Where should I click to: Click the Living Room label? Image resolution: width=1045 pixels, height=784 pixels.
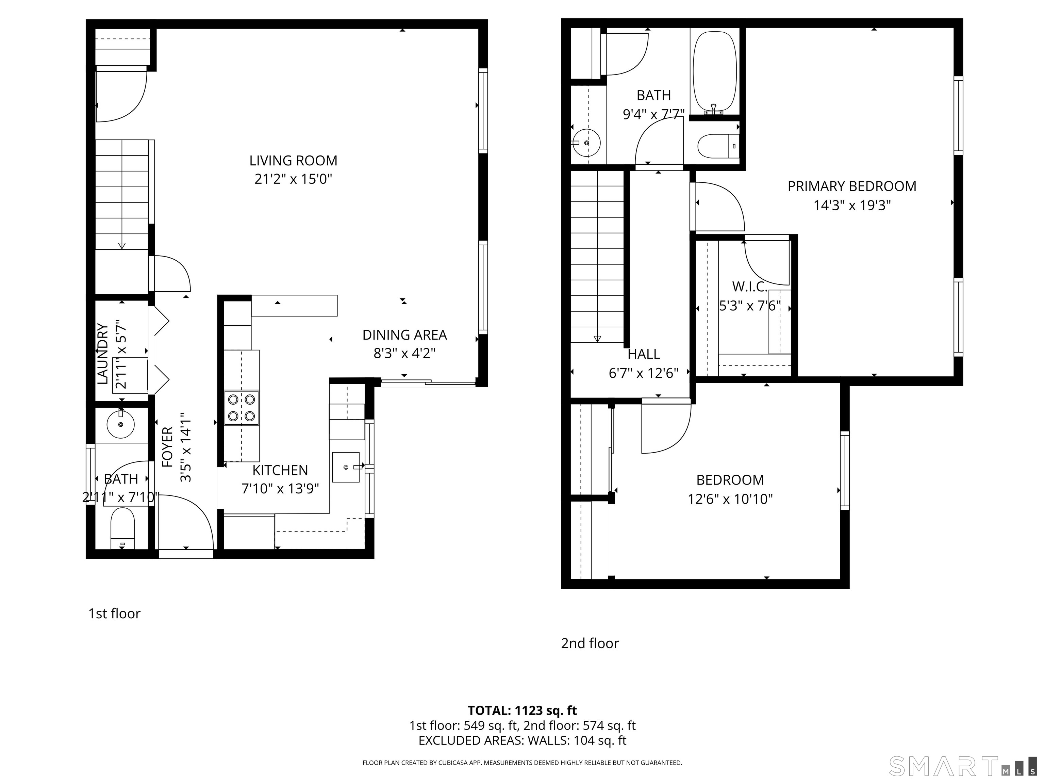click(x=293, y=161)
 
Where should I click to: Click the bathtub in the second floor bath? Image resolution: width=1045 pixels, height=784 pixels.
click(x=714, y=72)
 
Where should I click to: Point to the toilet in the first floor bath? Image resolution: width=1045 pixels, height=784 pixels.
click(x=122, y=528)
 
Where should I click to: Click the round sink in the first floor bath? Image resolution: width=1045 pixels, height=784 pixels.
click(x=120, y=424)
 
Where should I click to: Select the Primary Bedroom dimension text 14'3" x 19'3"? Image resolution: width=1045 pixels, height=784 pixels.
click(x=852, y=206)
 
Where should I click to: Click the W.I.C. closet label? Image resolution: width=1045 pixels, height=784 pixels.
click(x=750, y=287)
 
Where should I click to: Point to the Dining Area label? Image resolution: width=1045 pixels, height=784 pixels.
click(x=404, y=335)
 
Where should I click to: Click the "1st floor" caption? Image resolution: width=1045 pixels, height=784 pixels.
click(x=114, y=614)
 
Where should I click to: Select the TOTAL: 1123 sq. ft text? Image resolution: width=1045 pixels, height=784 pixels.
click(x=522, y=711)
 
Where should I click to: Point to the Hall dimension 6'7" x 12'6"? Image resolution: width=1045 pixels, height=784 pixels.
click(x=644, y=373)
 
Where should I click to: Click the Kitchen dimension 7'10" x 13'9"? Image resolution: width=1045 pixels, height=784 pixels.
click(x=280, y=488)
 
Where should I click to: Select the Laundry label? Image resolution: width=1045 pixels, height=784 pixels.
click(x=102, y=354)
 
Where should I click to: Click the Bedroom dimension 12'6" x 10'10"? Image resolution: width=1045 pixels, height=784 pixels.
click(x=730, y=499)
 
